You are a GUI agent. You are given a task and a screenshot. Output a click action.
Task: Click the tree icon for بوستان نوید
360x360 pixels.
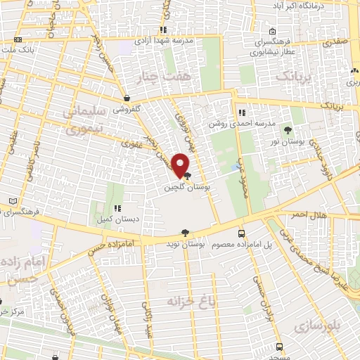coord(185,233)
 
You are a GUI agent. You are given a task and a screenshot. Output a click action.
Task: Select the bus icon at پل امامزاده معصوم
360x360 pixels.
coord(242,233)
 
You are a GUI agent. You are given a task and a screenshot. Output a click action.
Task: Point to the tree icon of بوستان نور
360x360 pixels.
coord(288,130)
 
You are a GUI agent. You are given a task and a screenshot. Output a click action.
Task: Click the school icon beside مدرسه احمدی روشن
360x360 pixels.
coord(241,112)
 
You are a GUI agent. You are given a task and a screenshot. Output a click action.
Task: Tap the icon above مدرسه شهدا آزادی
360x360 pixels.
coord(162,30)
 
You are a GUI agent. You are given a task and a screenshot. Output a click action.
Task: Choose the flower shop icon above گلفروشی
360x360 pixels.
coord(127,98)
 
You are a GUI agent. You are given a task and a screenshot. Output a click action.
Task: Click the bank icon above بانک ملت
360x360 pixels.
coord(18,40)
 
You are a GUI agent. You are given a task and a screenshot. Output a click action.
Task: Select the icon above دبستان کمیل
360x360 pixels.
coord(117,208)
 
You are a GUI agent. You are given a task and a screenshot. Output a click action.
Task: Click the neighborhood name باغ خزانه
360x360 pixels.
coord(188,302)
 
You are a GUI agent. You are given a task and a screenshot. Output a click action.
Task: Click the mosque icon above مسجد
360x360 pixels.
coord(281,337)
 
